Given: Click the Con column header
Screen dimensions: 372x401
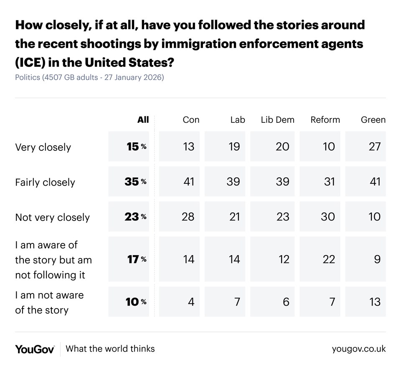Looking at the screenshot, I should click(191, 120).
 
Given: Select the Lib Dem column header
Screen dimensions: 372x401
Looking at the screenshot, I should click(277, 120).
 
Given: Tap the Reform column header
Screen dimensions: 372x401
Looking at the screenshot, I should click(325, 120).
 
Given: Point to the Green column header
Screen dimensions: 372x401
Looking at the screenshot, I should click(373, 120).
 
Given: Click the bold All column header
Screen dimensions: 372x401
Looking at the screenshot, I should click(143, 120).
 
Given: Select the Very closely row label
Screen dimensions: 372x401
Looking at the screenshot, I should click(43, 147).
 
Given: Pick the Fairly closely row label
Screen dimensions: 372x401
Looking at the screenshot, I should click(45, 182).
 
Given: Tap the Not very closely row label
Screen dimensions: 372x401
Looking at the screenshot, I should click(52, 218).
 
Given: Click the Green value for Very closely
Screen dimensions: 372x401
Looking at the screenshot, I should click(375, 147).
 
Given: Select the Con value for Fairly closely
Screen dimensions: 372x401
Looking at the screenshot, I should click(189, 182).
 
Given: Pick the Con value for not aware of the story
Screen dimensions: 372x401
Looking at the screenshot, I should click(191, 301).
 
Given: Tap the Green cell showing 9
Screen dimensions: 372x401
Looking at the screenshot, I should click(377, 259).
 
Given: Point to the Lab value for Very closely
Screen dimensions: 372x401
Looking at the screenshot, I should click(234, 147).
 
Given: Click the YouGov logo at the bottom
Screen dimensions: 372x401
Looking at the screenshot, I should click(35, 349).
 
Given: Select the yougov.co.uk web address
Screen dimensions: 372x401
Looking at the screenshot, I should click(359, 349).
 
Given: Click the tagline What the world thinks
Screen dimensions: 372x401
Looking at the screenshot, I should click(110, 349).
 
